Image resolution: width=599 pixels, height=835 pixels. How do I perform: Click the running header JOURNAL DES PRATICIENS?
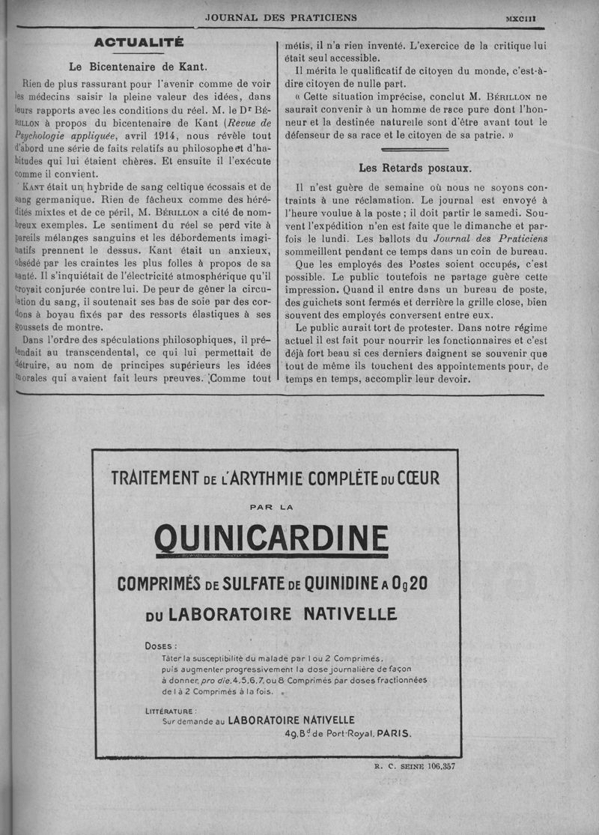(x=281, y=17)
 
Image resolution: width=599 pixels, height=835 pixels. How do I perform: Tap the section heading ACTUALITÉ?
(x=138, y=43)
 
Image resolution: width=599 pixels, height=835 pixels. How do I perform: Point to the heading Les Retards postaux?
(x=415, y=168)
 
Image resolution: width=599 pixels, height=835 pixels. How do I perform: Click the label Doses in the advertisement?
(x=161, y=645)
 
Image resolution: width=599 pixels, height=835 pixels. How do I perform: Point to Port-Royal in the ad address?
(x=347, y=734)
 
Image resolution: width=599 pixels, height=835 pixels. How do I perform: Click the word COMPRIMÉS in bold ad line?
(x=155, y=583)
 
